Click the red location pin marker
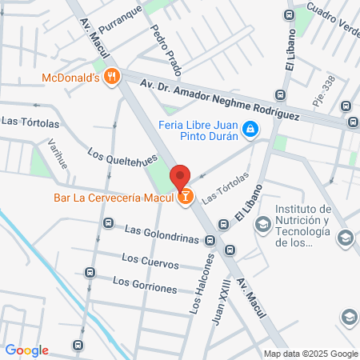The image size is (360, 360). [180, 177]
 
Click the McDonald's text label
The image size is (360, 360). [70, 78]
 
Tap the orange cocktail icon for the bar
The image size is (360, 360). [186, 196]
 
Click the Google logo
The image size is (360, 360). [26, 350]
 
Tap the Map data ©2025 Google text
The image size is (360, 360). [311, 354]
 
